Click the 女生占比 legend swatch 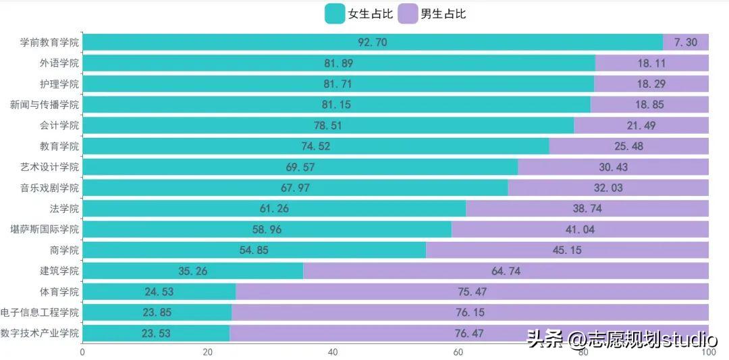pyautogui.click(x=335, y=14)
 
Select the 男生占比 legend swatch pyautogui.click(x=408, y=14)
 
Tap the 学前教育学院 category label pyautogui.click(x=49, y=43)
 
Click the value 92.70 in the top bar pyautogui.click(x=373, y=43)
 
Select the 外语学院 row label pyautogui.click(x=59, y=63)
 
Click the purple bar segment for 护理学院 pyautogui.click(x=651, y=84)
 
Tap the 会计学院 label pyautogui.click(x=59, y=126)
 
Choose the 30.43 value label pyautogui.click(x=613, y=167)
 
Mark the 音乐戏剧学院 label pyautogui.click(x=49, y=188)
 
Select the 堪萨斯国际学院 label pyautogui.click(x=45, y=230)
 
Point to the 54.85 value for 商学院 pyautogui.click(x=254, y=250)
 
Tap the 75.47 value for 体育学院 pyautogui.click(x=472, y=292)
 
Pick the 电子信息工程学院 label pyautogui.click(x=40, y=313)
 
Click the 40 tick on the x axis pyautogui.click(x=333, y=352)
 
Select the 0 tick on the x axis pyautogui.click(x=82, y=352)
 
